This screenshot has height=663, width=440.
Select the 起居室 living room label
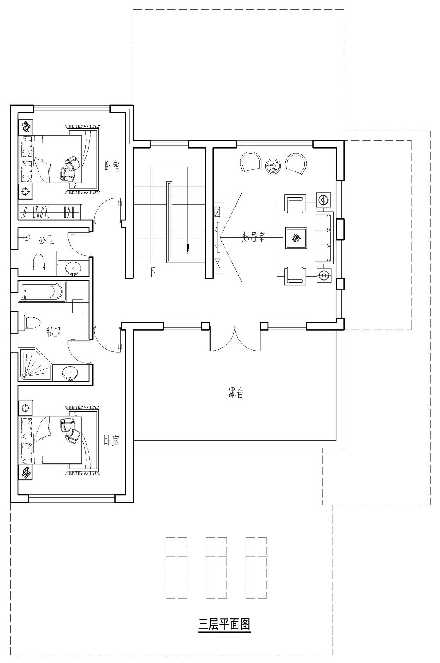click(x=253, y=237)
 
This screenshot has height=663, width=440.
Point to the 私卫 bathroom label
click(x=54, y=332)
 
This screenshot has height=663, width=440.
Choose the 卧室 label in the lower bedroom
click(x=112, y=440)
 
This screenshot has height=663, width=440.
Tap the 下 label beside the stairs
click(x=152, y=272)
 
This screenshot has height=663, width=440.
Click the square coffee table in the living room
click(x=296, y=238)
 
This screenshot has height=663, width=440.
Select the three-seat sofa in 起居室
click(x=324, y=238)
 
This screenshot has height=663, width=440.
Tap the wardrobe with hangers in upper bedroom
click(x=50, y=211)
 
